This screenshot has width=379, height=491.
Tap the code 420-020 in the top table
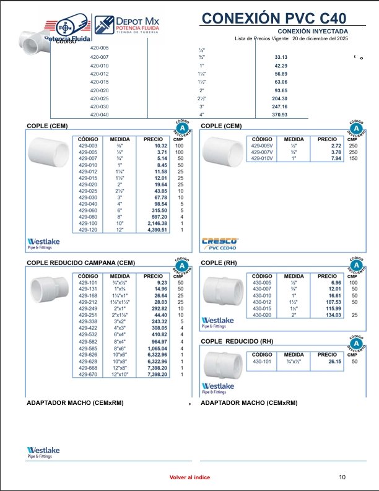click(x=99, y=90)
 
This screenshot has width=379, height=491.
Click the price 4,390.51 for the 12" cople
click(x=155, y=230)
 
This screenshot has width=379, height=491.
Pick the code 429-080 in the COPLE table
click(x=87, y=217)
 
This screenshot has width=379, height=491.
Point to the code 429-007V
click(x=262, y=152)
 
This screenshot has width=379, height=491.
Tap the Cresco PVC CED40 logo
click(x=219, y=245)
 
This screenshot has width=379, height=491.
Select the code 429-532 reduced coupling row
click(x=87, y=334)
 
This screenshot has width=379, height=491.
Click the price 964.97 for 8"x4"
click(x=155, y=341)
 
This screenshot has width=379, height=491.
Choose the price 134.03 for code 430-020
click(x=329, y=315)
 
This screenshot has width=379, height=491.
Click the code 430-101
click(x=262, y=361)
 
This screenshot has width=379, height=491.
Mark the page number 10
click(x=342, y=477)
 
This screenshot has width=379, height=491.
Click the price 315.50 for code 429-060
click(x=155, y=211)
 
